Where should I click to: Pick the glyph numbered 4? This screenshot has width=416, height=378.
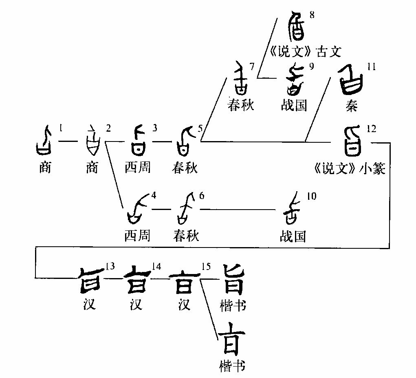(136, 210)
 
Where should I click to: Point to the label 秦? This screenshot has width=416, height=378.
(351, 106)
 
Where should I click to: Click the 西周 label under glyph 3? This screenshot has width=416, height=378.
(138, 168)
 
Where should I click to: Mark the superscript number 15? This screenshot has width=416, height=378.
(206, 266)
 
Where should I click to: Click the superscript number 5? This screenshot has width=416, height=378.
(200, 129)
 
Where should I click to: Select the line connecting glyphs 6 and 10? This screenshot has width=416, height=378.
(240, 210)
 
